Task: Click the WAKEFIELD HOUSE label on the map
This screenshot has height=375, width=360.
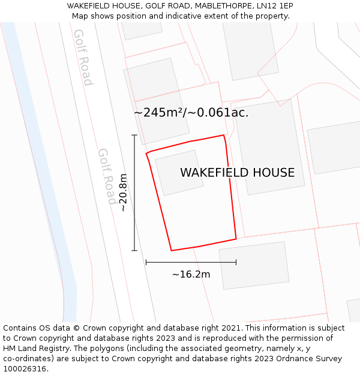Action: pyautogui.click(x=237, y=173)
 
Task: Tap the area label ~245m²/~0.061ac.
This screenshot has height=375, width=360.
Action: pyautogui.click(x=191, y=112)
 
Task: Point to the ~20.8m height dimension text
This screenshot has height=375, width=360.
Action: pyautogui.click(x=123, y=193)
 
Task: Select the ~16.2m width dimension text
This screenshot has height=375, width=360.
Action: pyautogui.click(x=191, y=275)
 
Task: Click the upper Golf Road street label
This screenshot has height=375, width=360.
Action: pyautogui.click(x=83, y=57)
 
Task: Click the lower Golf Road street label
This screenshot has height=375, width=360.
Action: pyautogui.click(x=107, y=176)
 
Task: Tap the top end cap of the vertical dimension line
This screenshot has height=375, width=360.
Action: pyautogui.click(x=134, y=136)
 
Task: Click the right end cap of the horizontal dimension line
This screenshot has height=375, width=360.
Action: pyautogui.click(x=236, y=262)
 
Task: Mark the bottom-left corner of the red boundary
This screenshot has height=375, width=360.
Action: pyautogui.click(x=172, y=250)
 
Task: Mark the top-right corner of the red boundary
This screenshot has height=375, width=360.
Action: pyautogui.click(x=224, y=135)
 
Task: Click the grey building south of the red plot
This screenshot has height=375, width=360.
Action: pyautogui.click(x=254, y=265)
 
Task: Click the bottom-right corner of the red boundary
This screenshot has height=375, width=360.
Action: pyautogui.click(x=236, y=239)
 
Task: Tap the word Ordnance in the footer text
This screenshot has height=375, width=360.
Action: pyautogui.click(x=288, y=358)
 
